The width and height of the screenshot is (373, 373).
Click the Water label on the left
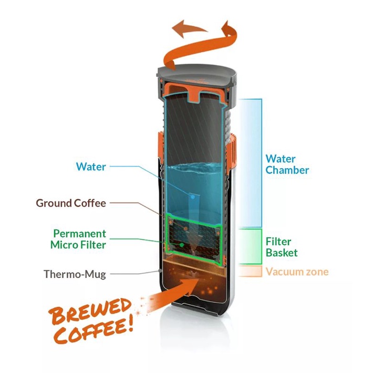[x=91, y=167]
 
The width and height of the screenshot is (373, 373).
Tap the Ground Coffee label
[x=71, y=203]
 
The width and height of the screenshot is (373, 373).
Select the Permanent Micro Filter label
[x=79, y=239]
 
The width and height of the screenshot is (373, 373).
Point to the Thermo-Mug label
[x=75, y=274]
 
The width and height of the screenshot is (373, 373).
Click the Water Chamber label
[x=287, y=164]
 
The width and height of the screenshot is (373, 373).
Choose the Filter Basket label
[x=282, y=247]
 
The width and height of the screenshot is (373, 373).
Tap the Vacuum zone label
[x=297, y=272]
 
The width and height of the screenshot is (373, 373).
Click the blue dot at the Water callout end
[x=192, y=196]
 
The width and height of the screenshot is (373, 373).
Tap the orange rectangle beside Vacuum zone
[x=251, y=272]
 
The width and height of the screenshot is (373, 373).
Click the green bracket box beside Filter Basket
[x=251, y=246]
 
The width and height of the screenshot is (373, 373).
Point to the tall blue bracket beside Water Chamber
[x=251, y=163]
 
